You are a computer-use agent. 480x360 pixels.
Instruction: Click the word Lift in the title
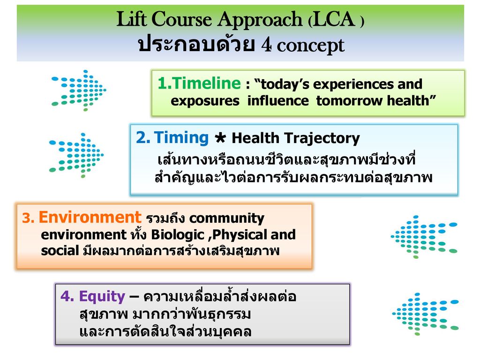(132, 19)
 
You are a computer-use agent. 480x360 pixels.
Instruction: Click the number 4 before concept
(266, 45)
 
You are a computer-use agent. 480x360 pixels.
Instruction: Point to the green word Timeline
(199, 83)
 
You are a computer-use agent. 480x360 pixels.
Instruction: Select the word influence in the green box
(278, 100)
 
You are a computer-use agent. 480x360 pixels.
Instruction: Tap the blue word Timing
(181, 137)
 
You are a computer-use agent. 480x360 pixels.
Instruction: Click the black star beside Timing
(220, 138)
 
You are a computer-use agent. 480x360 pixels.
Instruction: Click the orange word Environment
(90, 217)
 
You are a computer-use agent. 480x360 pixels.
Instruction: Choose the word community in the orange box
(227, 219)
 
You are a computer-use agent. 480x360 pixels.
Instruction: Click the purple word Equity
(102, 297)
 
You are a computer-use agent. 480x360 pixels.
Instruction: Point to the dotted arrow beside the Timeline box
(79, 90)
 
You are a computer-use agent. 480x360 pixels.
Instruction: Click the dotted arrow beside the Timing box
(76, 155)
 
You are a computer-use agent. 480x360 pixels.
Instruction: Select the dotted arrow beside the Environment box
(424, 237)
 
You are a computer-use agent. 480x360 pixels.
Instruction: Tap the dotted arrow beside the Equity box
(426, 314)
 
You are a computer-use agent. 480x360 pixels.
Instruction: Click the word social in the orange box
(60, 251)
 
